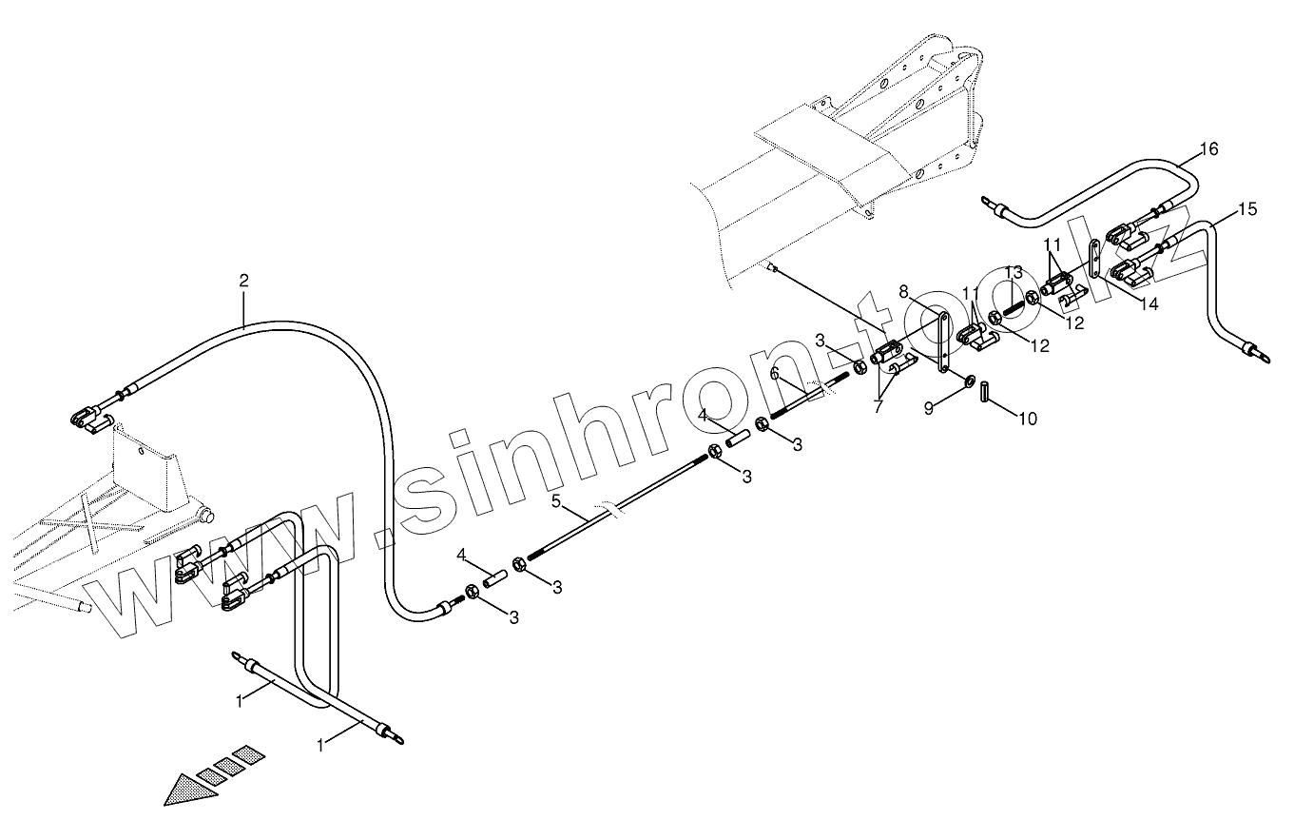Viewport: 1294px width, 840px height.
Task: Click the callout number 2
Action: click(244, 281)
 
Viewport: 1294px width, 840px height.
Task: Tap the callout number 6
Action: click(775, 374)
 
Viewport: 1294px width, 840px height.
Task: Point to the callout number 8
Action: click(903, 291)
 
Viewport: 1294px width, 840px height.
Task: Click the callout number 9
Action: click(931, 409)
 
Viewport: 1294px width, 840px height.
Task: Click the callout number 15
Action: click(1247, 208)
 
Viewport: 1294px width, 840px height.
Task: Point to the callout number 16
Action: click(1207, 149)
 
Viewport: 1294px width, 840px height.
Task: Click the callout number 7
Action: click(878, 406)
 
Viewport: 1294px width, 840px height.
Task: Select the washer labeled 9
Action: click(968, 381)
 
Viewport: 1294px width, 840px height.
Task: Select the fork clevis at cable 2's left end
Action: click(86, 415)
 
